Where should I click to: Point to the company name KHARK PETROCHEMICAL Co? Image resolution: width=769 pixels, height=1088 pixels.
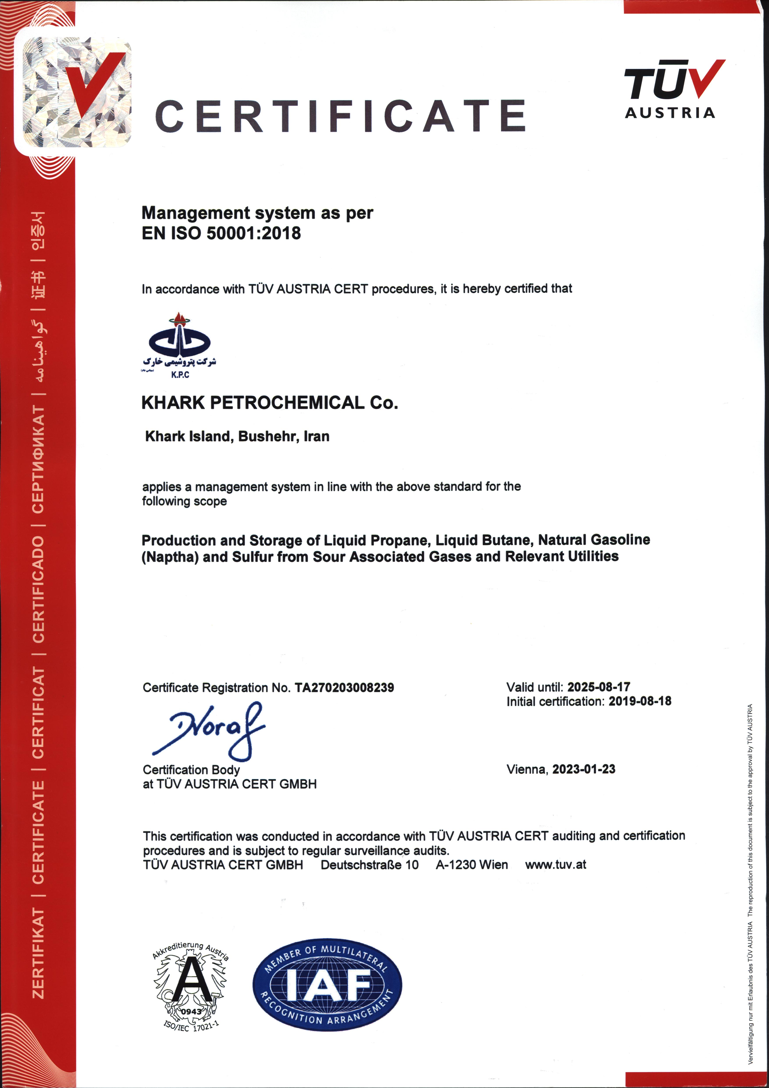269,403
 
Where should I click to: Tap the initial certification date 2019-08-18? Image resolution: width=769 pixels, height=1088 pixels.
640,701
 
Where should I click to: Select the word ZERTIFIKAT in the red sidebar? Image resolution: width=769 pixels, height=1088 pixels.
38,952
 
